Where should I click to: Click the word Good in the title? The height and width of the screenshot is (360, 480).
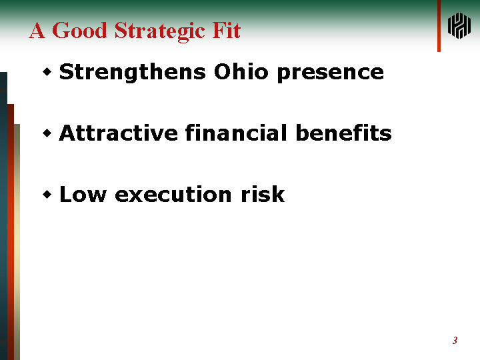[x=79, y=30]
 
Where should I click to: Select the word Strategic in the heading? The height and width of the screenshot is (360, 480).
[x=159, y=32]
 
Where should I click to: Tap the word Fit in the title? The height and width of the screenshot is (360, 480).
[x=226, y=30]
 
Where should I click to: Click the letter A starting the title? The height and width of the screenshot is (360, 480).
[x=37, y=30]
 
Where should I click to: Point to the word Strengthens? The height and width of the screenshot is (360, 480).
[x=132, y=73]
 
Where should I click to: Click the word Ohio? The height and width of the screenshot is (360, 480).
[x=241, y=71]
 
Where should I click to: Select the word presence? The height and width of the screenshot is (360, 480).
[x=330, y=74]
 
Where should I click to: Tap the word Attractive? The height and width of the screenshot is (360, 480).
[x=118, y=133]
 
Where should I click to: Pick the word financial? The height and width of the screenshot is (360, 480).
[x=236, y=133]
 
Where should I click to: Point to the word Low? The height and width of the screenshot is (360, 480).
[x=83, y=194]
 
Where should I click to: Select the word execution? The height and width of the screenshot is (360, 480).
[x=173, y=195]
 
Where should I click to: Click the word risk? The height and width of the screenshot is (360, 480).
[x=263, y=194]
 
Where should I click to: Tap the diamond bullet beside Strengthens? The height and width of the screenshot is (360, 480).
[x=47, y=72]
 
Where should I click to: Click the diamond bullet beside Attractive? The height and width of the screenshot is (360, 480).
[x=47, y=133]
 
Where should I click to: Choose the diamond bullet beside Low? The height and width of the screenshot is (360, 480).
[x=47, y=195]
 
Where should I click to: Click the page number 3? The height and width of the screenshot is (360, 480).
[x=455, y=341]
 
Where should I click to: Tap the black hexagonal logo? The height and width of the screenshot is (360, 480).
[x=459, y=26]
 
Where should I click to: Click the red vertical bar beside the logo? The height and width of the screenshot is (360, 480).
[x=439, y=26]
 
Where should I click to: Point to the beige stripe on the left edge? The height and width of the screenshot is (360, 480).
[x=17, y=242]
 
